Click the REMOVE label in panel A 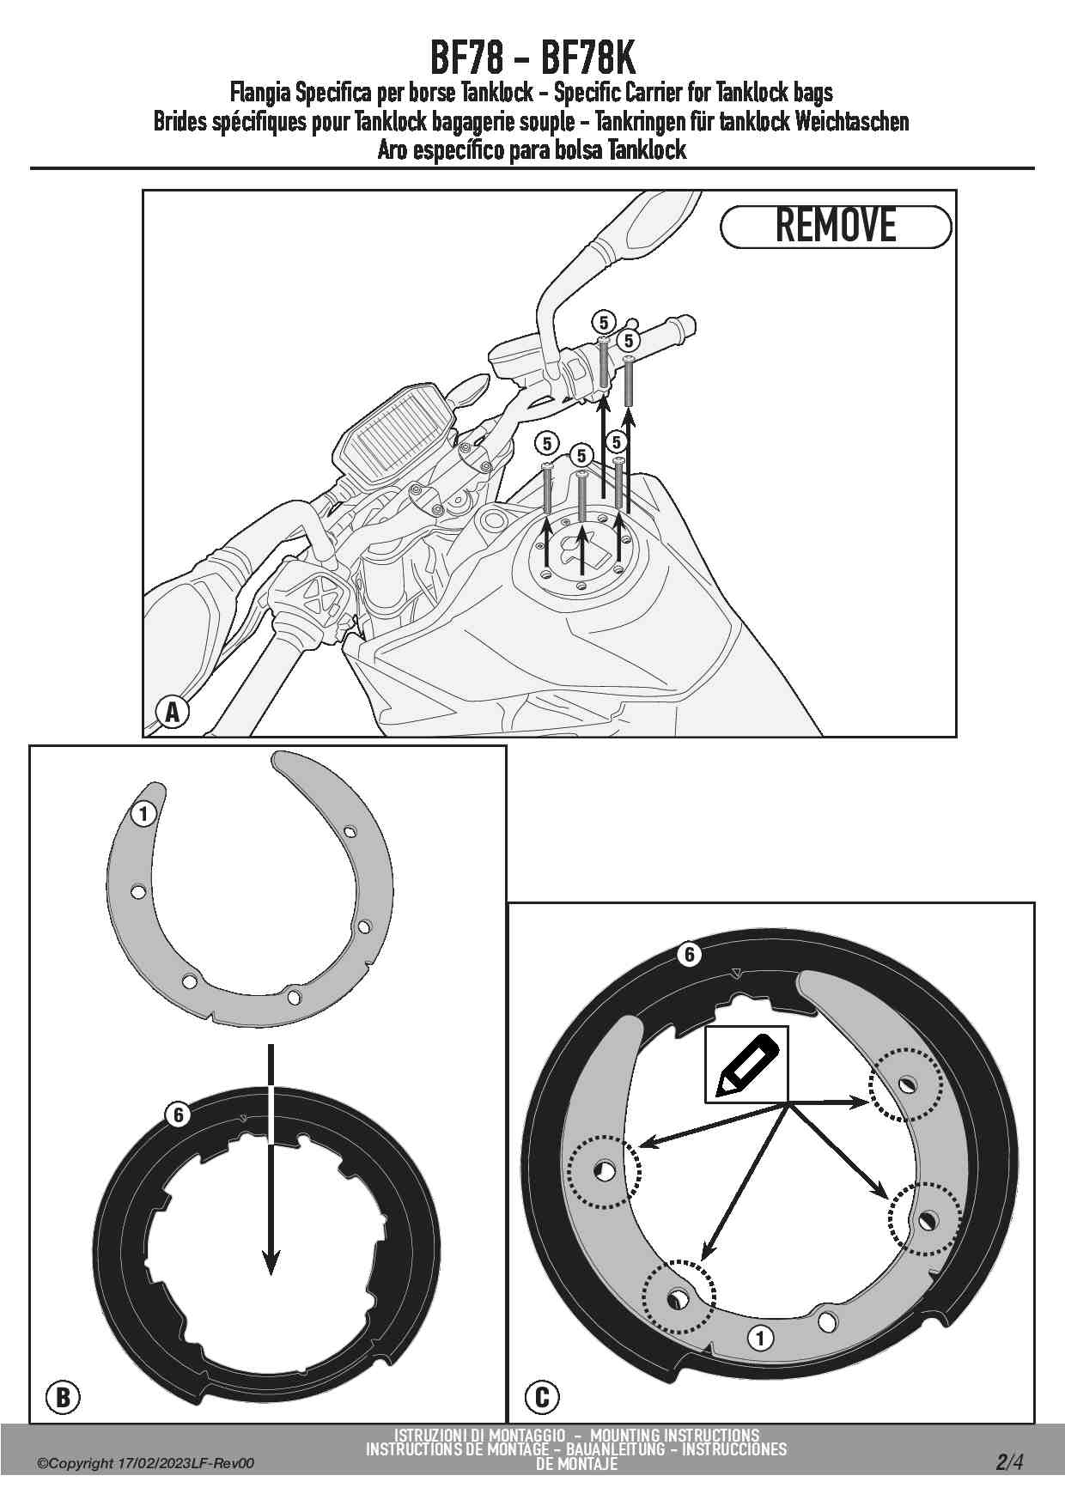(x=836, y=227)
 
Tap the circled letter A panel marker (x=173, y=712)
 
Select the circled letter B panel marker (x=63, y=1397)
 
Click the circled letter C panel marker (x=542, y=1397)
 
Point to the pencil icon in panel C (x=746, y=1064)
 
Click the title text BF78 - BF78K (x=532, y=58)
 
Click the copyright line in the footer (x=146, y=1464)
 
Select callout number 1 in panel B (x=143, y=813)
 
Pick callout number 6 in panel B (x=178, y=1114)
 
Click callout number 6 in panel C (x=689, y=955)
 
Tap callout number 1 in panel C (x=760, y=1338)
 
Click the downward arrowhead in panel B (x=271, y=1260)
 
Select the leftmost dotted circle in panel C (x=605, y=1169)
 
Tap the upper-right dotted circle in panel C (x=906, y=1084)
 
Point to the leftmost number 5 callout (x=547, y=444)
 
